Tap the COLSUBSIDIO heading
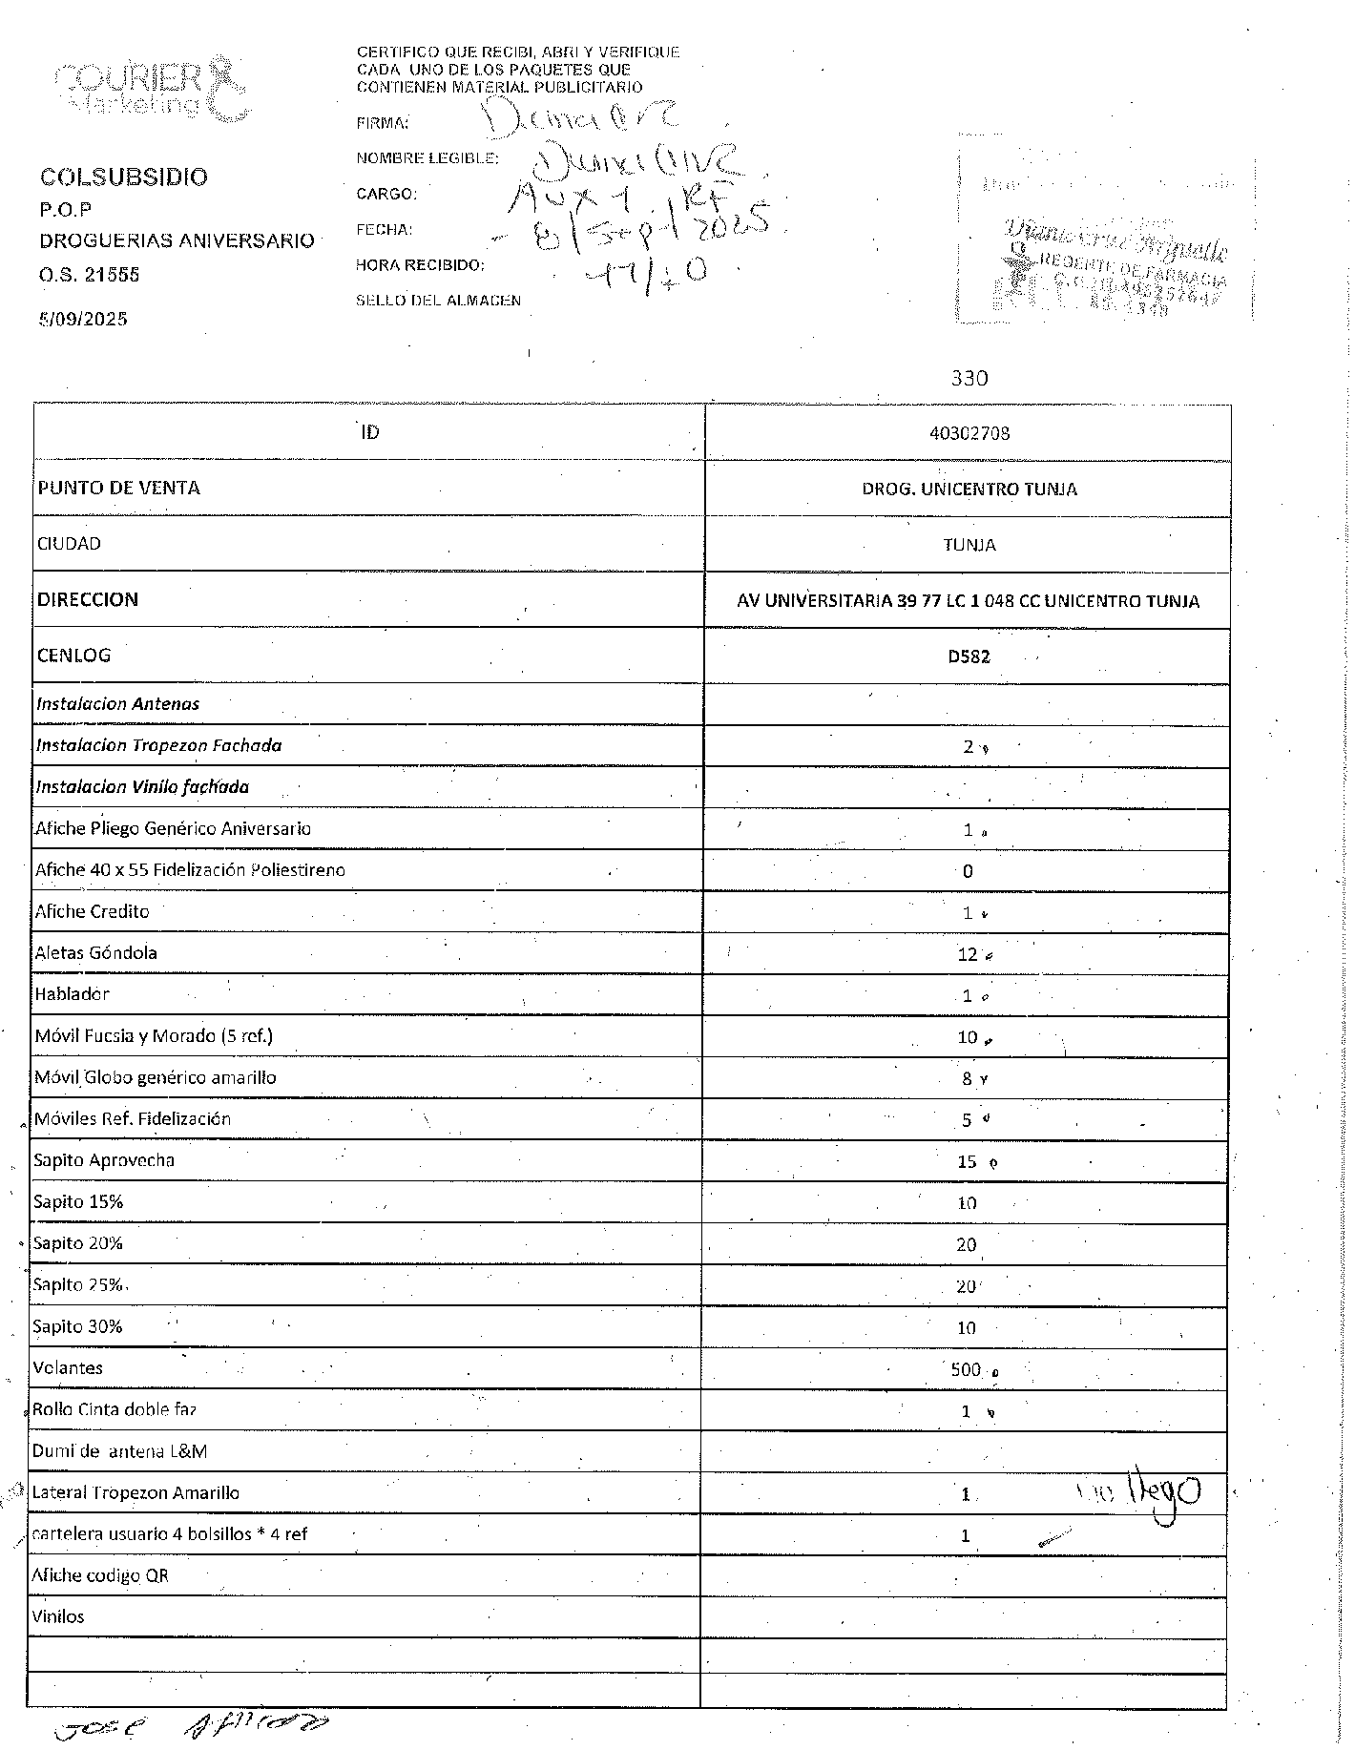click(x=123, y=177)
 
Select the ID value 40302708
click(x=969, y=433)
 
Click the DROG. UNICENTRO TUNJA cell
click(x=969, y=489)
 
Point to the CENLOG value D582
click(x=969, y=656)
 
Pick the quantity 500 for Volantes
click(x=966, y=1369)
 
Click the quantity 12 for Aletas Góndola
click(x=968, y=954)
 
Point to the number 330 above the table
click(x=969, y=378)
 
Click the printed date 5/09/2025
click(x=83, y=319)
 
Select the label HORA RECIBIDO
click(x=420, y=264)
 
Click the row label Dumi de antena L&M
click(x=119, y=1451)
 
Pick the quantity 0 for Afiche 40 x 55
click(x=968, y=871)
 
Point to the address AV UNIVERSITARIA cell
click(x=968, y=601)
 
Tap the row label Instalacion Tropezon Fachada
click(x=158, y=745)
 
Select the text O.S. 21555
click(x=89, y=275)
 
